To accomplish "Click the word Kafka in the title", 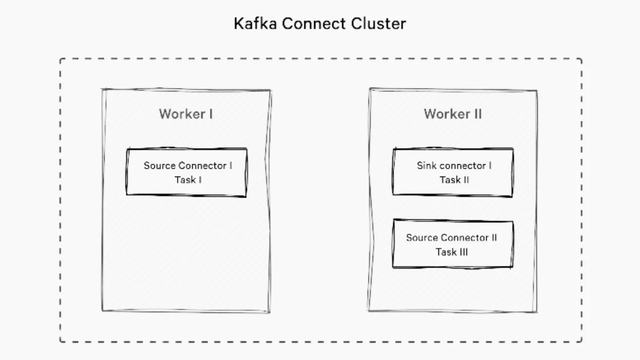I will pos(253,24).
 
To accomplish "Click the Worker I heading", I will pos(186,114).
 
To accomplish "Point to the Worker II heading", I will pos(453,114).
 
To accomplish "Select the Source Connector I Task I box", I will pos(187,172).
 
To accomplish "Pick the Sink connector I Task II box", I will pos(453,172).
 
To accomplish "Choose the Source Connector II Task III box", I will pos(453,244).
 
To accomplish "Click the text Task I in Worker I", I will pos(188,180).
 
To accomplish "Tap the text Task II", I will pos(454,180).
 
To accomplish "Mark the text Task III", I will pos(451,252).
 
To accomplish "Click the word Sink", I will pos(426,165).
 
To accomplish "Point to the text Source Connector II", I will pos(451,238).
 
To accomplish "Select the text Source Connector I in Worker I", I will pos(188,165).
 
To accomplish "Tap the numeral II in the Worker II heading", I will pos(477,114).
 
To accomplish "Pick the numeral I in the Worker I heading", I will pos(211,114).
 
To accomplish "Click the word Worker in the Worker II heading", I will pos(445,114).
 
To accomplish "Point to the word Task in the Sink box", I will pos(450,180).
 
